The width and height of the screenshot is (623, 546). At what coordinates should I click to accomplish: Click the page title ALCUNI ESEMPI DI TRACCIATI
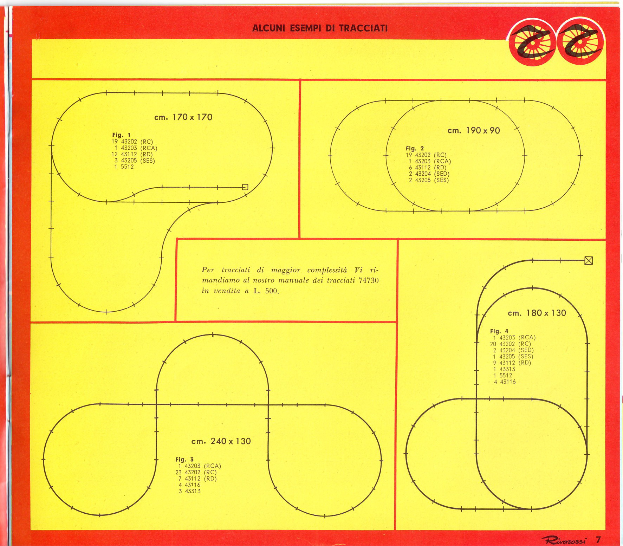click(x=320, y=28)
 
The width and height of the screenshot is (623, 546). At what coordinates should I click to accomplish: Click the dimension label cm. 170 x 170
click(x=183, y=117)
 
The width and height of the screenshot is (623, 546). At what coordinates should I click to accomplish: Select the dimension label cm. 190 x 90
click(x=474, y=130)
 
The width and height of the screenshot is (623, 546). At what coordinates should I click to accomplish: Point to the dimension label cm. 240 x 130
click(x=221, y=441)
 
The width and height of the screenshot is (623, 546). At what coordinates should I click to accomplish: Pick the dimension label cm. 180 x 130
click(x=537, y=313)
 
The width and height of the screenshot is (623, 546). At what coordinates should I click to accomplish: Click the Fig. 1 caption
click(x=122, y=135)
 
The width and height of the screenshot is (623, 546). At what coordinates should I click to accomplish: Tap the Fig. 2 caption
click(x=415, y=148)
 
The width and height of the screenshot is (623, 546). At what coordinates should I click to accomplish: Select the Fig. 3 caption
click(x=184, y=459)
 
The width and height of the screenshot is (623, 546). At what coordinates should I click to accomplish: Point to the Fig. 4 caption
click(x=499, y=331)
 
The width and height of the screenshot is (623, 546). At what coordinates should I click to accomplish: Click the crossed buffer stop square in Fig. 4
click(x=589, y=260)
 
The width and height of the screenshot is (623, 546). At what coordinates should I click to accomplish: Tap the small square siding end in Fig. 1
click(x=245, y=187)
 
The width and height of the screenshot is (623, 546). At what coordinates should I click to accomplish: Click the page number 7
click(x=598, y=539)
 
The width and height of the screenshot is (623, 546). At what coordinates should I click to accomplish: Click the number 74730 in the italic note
click(x=369, y=280)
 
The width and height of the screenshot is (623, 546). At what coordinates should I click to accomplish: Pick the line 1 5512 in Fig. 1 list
click(x=124, y=167)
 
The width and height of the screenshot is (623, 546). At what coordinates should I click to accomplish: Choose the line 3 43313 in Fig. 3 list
click(x=189, y=491)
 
